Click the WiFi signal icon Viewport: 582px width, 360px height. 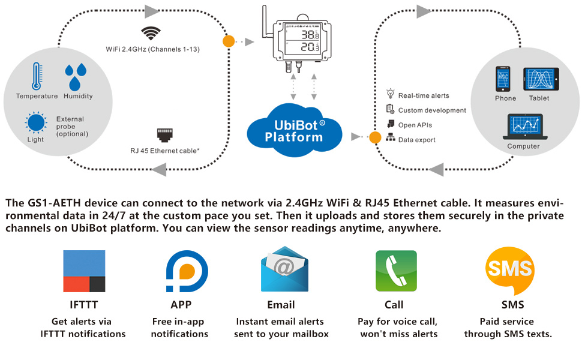point(150,32)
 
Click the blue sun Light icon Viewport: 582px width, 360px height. point(36,123)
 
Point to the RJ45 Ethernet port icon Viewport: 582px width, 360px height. point(164,134)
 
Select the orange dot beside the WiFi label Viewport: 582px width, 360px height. point(229,41)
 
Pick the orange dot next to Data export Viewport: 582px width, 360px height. point(375,137)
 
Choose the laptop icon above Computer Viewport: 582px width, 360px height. point(524,127)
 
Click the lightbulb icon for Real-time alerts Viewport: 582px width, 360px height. point(391,94)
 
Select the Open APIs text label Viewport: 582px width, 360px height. point(415,125)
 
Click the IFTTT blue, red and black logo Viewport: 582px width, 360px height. point(85,271)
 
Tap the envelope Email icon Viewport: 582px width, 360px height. point(284,271)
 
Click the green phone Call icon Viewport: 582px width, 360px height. point(396,271)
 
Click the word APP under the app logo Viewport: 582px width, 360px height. point(181,305)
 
